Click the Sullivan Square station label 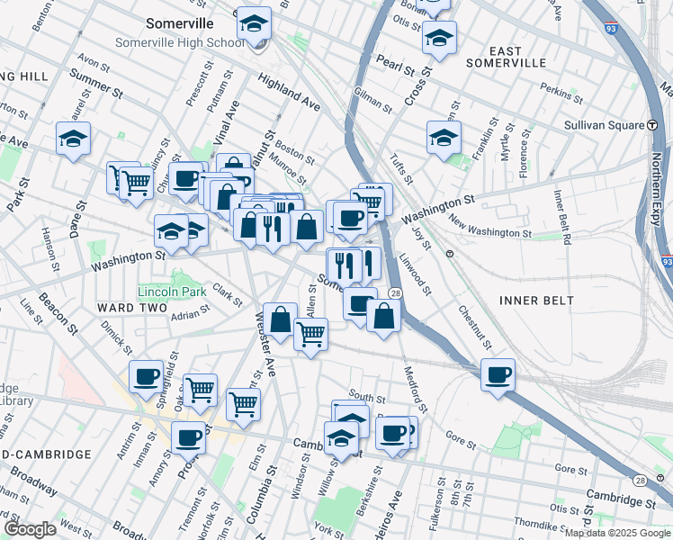point(599,124)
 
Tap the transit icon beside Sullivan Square point(650,124)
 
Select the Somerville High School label point(179,42)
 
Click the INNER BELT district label point(534,300)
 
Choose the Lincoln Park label point(172,291)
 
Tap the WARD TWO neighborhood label point(132,308)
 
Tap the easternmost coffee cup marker point(497,374)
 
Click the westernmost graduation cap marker point(74,139)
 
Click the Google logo point(30,529)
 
